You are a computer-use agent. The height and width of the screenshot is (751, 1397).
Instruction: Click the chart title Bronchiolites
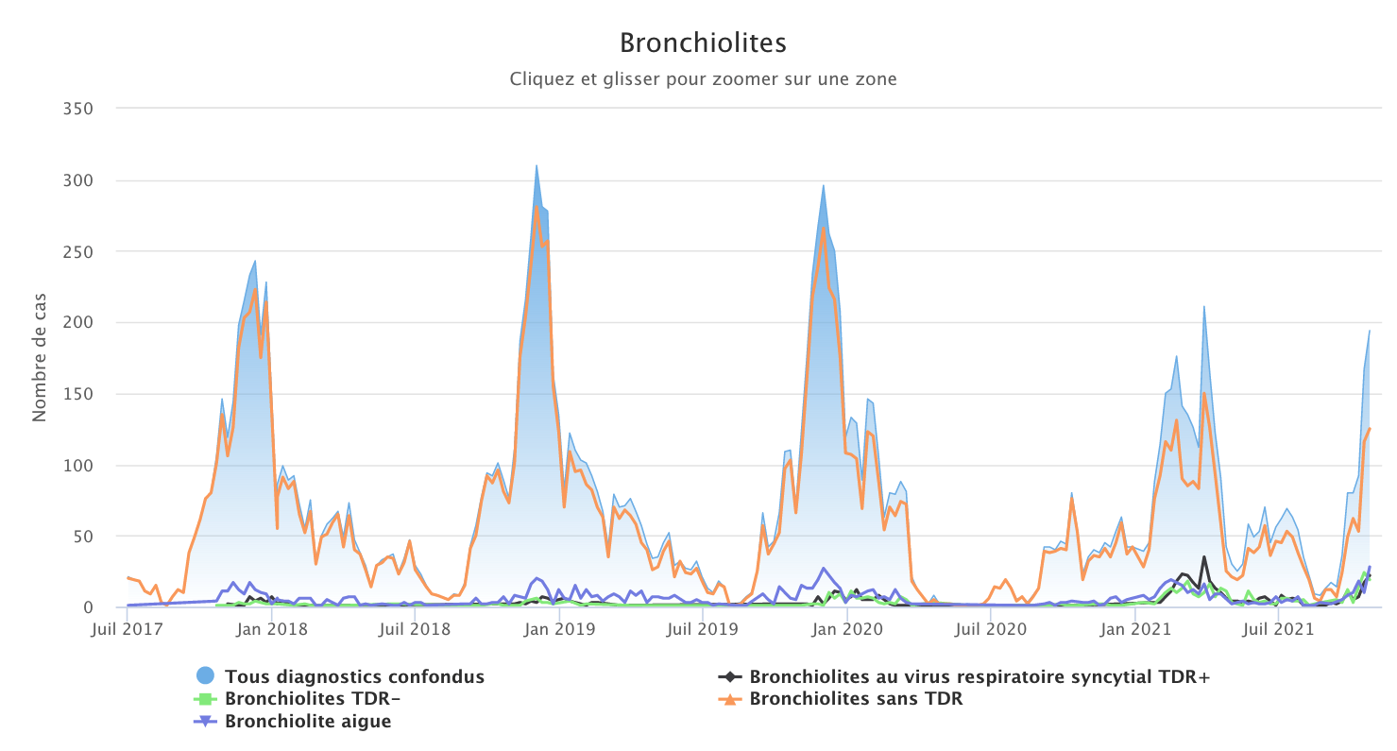pyautogui.click(x=703, y=43)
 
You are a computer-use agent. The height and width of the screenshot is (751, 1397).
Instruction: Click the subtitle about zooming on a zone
pyautogui.click(x=703, y=79)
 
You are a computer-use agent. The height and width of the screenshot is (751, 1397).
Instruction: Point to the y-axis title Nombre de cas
pyautogui.click(x=40, y=358)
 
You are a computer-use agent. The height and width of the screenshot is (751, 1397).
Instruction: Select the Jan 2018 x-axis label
pyautogui.click(x=271, y=627)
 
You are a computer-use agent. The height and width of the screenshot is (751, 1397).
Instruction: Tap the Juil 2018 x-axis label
pyautogui.click(x=414, y=627)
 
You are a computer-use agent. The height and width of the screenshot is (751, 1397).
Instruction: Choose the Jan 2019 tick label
pyautogui.click(x=559, y=627)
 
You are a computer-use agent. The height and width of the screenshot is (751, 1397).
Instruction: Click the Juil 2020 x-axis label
pyautogui.click(x=990, y=627)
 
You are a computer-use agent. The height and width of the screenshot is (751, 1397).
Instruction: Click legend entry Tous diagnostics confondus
pyautogui.click(x=354, y=676)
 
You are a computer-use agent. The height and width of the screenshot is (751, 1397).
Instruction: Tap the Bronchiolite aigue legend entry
pyautogui.click(x=308, y=722)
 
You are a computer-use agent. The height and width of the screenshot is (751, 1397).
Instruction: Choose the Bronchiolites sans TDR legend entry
pyautogui.click(x=856, y=699)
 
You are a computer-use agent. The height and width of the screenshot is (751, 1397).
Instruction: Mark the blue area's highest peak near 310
pyautogui.click(x=537, y=166)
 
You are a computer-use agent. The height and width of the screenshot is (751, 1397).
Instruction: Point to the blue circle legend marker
pyautogui.click(x=206, y=676)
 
